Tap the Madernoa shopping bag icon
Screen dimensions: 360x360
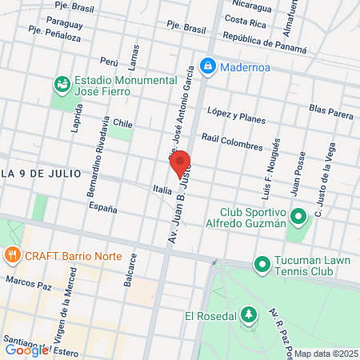point(207,65)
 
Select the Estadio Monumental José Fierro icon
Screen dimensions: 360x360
point(61,82)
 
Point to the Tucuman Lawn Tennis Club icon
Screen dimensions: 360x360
point(262,263)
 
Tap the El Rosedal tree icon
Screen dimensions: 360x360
point(249,315)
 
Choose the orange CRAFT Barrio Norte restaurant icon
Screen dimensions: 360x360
point(12,256)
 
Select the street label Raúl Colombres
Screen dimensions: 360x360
point(232,142)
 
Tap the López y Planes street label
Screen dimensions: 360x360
point(236,115)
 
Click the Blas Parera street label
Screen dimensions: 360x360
point(330,110)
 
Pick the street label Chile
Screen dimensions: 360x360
point(122,124)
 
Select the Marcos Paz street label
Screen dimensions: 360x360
point(27,282)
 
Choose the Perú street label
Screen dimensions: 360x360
point(109,61)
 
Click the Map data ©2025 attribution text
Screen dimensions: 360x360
point(325,354)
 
